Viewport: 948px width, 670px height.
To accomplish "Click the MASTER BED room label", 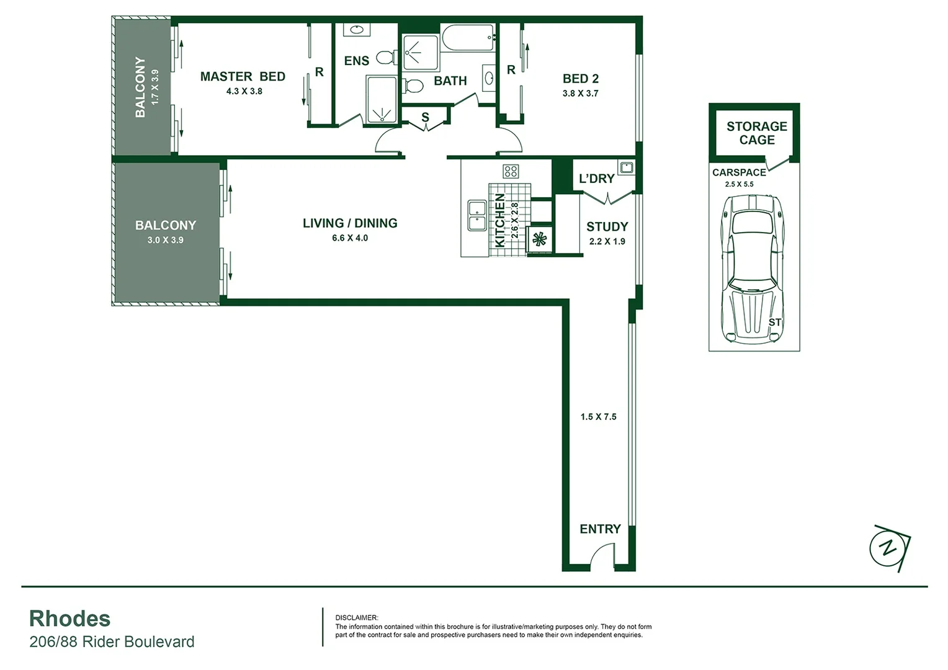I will pos(243,76).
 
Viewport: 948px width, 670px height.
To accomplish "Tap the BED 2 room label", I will pos(580,79).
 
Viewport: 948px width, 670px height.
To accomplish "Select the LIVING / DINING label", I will pos(350,223).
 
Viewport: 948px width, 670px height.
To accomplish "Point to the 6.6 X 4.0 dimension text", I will pos(350,238).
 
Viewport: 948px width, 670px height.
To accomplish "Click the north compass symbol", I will pos(889,548).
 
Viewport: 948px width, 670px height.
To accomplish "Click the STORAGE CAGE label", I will pos(756,133).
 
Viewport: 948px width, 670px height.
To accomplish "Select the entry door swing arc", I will pos(601,556).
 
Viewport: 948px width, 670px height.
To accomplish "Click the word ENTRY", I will pos(600,529).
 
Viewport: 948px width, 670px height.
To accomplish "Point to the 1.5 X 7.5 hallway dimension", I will pos(598,417).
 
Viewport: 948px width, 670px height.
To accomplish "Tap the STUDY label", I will pos(607,227).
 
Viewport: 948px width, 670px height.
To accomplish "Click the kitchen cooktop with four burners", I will pos(511,171).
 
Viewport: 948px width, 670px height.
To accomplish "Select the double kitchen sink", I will pos(477,215).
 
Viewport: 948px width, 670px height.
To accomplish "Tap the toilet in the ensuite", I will pos(387,58).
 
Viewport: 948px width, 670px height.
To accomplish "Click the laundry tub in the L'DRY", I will pos(626,167).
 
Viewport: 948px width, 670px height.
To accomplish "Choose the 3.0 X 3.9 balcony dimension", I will pos(165,240).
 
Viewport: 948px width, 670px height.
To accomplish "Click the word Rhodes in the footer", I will pos(69,619).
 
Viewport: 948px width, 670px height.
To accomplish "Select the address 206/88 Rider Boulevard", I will pos(112,641).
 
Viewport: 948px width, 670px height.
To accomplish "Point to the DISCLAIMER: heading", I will pos(356,617).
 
